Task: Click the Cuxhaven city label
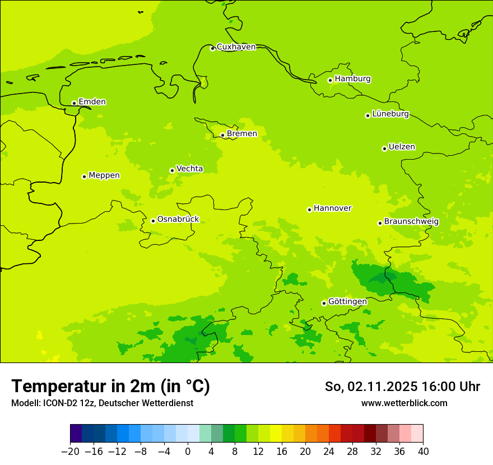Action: (x=236, y=47)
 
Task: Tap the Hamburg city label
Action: (x=352, y=79)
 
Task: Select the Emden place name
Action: (x=92, y=102)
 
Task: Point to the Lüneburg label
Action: (x=390, y=114)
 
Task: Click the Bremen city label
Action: (x=242, y=134)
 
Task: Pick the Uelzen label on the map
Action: (x=402, y=147)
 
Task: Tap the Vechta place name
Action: (x=189, y=169)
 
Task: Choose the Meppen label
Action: (x=104, y=175)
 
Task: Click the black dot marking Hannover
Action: (x=309, y=210)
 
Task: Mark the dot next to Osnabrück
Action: (x=153, y=221)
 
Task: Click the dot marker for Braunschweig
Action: (x=380, y=223)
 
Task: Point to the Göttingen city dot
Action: (x=324, y=303)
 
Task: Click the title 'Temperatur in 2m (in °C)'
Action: (x=110, y=387)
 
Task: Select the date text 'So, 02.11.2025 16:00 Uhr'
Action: (x=402, y=387)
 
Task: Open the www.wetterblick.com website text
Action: (x=404, y=403)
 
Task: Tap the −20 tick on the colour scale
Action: (x=70, y=451)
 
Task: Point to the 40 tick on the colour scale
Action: (x=423, y=451)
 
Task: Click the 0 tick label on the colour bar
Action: (x=188, y=451)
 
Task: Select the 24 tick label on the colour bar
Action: (x=329, y=451)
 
